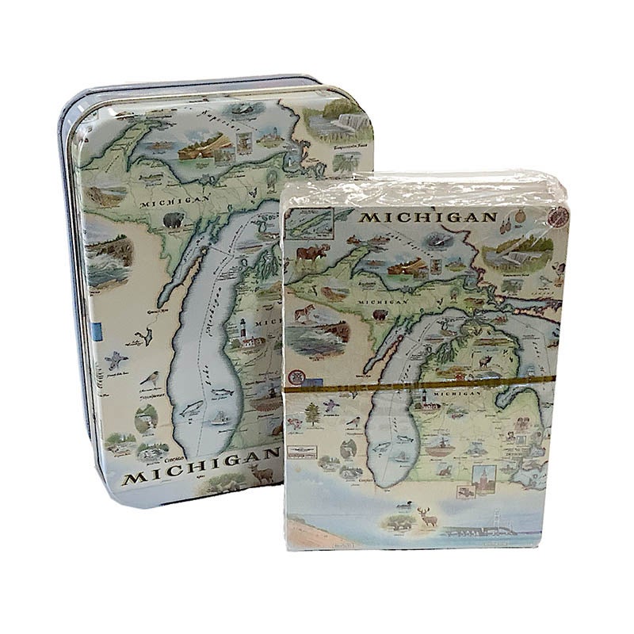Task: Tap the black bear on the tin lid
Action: click(x=174, y=220)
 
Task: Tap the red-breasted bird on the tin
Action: click(x=148, y=381)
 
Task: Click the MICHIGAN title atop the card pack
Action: click(x=427, y=217)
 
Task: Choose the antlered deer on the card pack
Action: click(x=429, y=519)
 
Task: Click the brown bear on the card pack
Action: click(x=381, y=315)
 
